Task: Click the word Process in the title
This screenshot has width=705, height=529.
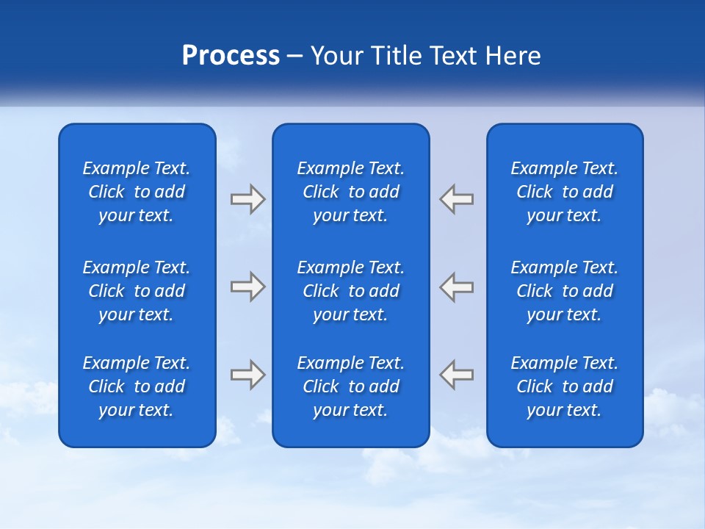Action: tap(231, 56)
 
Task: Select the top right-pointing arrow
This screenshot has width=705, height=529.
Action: tap(247, 199)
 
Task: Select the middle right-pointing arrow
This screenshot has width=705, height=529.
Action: tap(247, 286)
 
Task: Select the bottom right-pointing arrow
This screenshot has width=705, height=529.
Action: tap(247, 374)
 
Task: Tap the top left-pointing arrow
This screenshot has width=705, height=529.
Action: tap(456, 199)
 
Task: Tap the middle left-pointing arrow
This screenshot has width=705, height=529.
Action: tap(456, 286)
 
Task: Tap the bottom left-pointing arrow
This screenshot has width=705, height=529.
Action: tap(456, 374)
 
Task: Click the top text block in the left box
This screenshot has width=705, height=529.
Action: tap(137, 192)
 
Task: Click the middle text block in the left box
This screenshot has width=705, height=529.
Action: tap(137, 291)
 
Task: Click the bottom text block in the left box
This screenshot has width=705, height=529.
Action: tap(137, 386)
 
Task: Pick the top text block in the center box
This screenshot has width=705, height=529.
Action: tap(350, 192)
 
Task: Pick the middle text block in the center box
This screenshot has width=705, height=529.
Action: tap(350, 291)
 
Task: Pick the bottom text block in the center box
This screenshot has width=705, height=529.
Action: tap(350, 386)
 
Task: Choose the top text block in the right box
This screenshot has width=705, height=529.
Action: tap(564, 192)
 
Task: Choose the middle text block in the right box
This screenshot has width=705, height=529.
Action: tap(564, 291)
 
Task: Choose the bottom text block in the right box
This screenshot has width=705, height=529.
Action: tap(564, 386)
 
